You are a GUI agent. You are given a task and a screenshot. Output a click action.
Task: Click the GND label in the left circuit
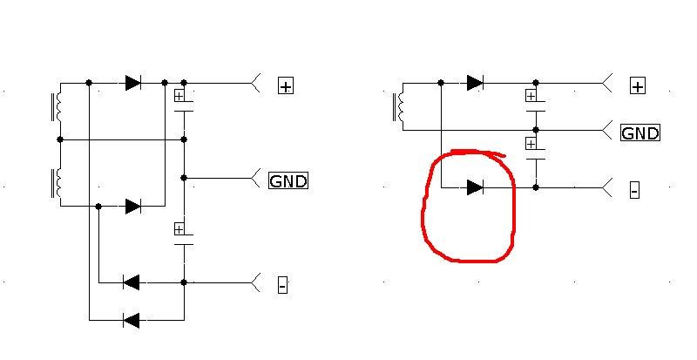point(288,181)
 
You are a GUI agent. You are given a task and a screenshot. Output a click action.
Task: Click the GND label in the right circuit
point(639,133)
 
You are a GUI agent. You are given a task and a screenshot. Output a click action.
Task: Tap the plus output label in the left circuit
point(286,85)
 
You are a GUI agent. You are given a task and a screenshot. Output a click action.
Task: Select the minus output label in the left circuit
point(282,284)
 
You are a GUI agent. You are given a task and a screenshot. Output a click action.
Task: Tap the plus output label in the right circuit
point(638,85)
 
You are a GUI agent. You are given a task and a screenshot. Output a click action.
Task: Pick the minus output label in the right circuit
point(634,189)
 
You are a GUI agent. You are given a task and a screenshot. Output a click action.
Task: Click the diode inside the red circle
point(475,187)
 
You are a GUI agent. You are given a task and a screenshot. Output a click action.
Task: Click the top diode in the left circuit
point(132,83)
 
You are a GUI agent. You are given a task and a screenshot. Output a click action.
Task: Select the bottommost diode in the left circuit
point(132,320)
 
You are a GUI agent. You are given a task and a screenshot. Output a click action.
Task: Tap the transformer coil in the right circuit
point(402,106)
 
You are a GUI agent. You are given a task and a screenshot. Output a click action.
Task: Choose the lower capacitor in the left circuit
point(183,236)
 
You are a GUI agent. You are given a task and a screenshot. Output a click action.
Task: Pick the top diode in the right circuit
point(475,83)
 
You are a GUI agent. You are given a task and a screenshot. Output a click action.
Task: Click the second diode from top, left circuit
point(132,207)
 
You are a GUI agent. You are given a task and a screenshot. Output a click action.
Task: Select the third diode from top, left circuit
point(132,282)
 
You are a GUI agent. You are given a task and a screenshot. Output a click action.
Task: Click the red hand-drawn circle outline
point(426,209)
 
